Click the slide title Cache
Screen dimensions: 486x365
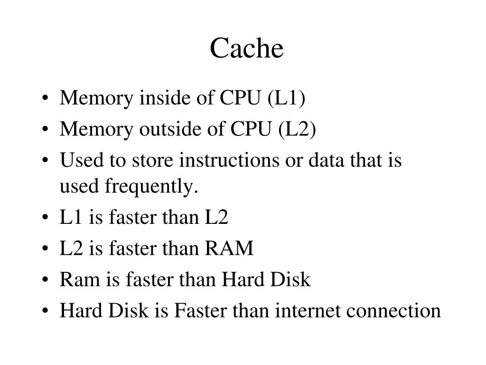point(247,49)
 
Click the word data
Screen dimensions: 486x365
point(326,160)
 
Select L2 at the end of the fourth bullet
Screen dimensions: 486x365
point(217,218)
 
